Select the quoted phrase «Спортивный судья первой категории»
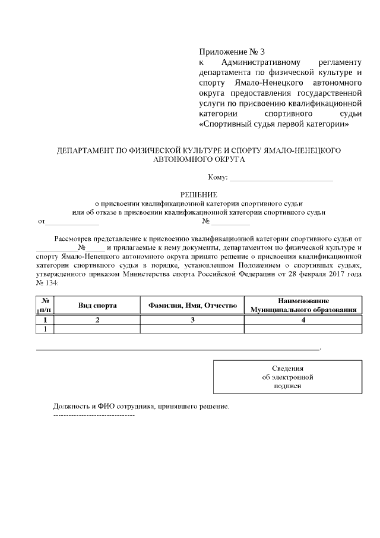click(273, 125)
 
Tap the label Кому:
click(217, 178)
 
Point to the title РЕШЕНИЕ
click(199, 194)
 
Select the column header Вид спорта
click(97, 305)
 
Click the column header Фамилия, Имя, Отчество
click(192, 305)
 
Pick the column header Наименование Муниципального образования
click(303, 305)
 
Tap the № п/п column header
click(45, 305)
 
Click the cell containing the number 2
click(97, 320)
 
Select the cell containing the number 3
click(192, 320)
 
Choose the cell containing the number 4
click(303, 320)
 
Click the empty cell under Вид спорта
click(97, 329)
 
